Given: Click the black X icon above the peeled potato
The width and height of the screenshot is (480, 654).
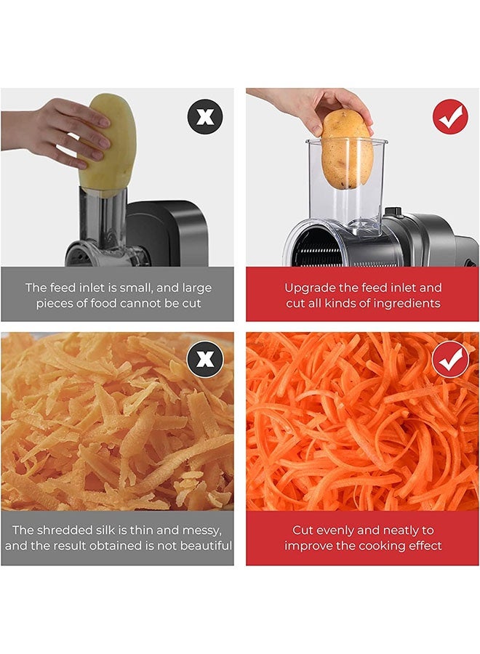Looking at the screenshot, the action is pyautogui.click(x=205, y=116).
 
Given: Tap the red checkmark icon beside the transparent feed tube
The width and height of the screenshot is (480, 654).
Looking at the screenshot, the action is pyautogui.click(x=450, y=116).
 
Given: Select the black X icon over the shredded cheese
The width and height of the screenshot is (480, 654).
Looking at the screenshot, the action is pyautogui.click(x=205, y=359).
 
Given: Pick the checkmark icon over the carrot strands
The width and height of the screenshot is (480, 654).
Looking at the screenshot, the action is pyautogui.click(x=450, y=359).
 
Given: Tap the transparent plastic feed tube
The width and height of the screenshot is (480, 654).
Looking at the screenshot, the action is pyautogui.click(x=346, y=184).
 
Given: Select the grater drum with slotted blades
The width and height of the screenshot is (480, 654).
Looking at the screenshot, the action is pyautogui.click(x=317, y=249).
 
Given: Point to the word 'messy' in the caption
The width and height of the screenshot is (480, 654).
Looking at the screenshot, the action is pyautogui.click(x=202, y=530).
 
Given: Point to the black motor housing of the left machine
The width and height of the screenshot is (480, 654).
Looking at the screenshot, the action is pyautogui.click(x=167, y=233).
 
